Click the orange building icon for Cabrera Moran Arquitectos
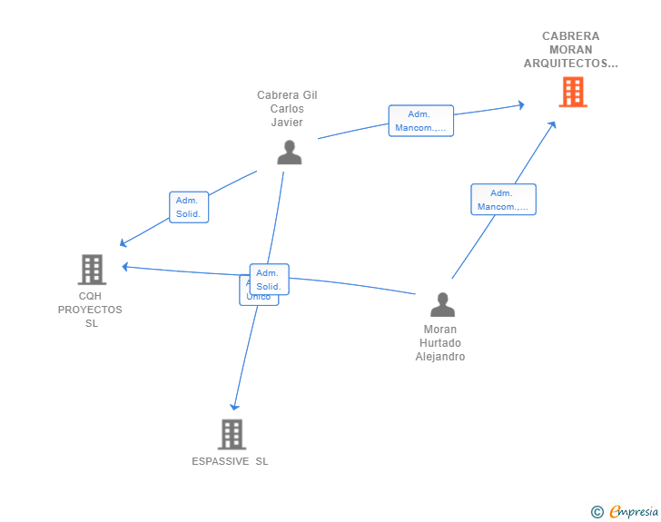click(x=572, y=92)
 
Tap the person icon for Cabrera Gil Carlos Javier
click(x=289, y=153)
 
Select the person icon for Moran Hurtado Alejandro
click(x=442, y=305)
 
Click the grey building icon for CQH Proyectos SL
click(x=92, y=270)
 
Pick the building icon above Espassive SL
click(x=232, y=434)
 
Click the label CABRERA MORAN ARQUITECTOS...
click(x=570, y=50)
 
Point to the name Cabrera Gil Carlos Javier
click(x=287, y=109)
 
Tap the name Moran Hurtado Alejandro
click(x=440, y=343)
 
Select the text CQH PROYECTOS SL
click(x=90, y=310)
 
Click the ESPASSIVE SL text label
click(x=230, y=461)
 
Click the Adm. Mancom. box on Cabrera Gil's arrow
click(x=420, y=121)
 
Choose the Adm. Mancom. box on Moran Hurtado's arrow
click(x=503, y=200)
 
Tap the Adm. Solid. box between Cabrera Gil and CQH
click(x=189, y=207)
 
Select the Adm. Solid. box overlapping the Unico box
click(x=269, y=280)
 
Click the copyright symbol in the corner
click(x=597, y=512)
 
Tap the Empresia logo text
click(x=632, y=512)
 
